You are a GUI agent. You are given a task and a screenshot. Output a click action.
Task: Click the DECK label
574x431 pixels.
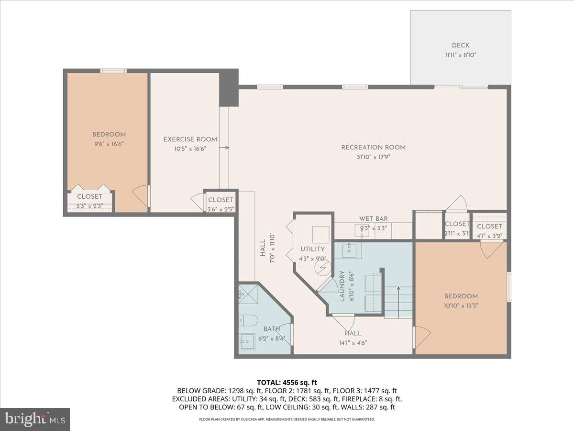pos(460,45)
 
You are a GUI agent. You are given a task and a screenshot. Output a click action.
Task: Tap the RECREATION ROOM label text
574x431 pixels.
pos(373,147)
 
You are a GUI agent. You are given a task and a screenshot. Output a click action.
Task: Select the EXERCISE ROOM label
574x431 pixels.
pos(190,139)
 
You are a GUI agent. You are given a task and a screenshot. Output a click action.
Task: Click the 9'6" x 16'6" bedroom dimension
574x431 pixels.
pos(109,143)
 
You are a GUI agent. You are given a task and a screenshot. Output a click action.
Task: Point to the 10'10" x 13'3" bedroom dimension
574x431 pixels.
pos(461,305)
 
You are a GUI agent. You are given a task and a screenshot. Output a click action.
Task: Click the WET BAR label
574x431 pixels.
pos(374,219)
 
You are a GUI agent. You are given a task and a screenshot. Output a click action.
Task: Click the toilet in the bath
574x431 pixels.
pos(249,320)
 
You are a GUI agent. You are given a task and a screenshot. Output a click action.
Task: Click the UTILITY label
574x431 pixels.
pos(312,249)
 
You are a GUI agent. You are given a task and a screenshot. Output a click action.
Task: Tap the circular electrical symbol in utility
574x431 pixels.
pos(323,267)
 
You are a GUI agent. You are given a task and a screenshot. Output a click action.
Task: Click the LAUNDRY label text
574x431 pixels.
pos(342,286)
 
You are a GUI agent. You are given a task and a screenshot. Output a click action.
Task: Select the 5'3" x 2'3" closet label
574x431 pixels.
pos(89,206)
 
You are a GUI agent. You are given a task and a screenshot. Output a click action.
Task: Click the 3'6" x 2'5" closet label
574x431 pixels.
pos(221,209)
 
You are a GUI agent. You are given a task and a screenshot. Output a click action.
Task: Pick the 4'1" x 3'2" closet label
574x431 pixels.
pos(489,235)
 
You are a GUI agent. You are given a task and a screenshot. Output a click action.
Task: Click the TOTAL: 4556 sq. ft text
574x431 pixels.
pos(287,382)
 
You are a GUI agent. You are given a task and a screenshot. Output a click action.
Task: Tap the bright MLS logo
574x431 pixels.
pos(35,420)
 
